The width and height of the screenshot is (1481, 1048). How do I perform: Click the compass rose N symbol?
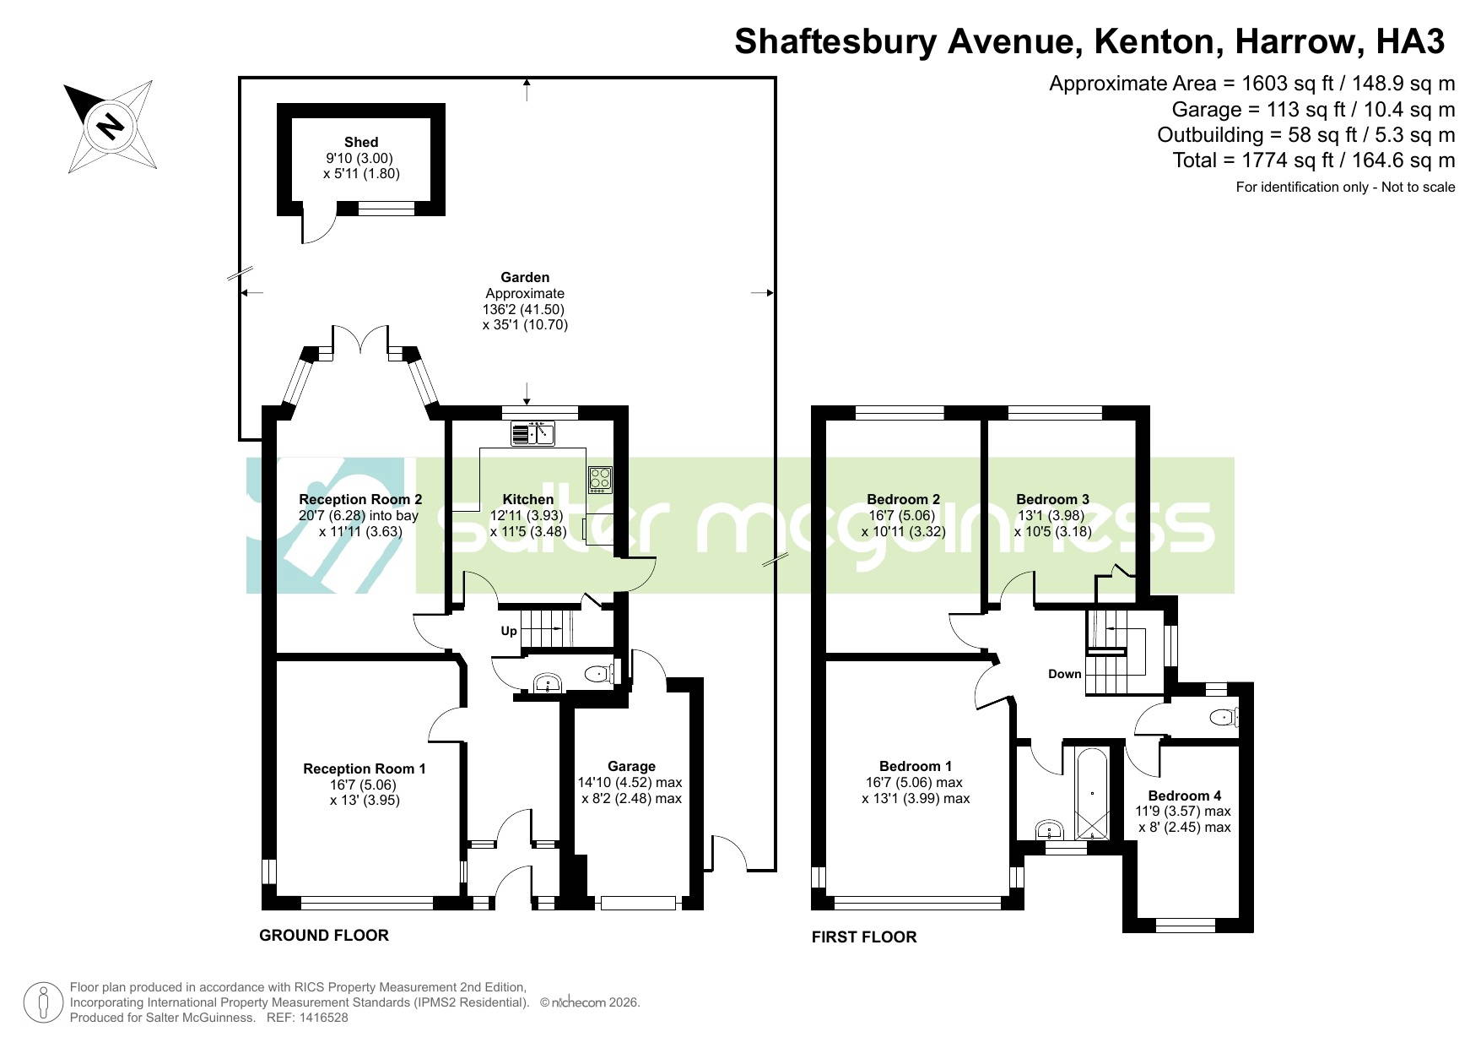(x=110, y=127)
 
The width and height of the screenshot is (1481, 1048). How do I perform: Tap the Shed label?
(x=361, y=142)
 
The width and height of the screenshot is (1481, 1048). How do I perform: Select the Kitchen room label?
(x=528, y=499)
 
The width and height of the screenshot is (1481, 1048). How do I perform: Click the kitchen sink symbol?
(x=532, y=434)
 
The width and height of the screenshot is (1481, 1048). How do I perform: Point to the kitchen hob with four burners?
(x=600, y=479)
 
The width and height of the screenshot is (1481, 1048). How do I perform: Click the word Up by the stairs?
(x=509, y=631)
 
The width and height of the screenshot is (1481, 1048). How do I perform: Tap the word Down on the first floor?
(x=1065, y=674)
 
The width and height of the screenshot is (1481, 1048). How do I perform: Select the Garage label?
(x=631, y=766)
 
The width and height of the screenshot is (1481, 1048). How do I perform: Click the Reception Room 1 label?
(x=365, y=768)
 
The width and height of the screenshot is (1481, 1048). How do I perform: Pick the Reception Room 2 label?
(x=360, y=499)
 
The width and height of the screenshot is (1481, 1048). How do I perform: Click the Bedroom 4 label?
(x=1185, y=796)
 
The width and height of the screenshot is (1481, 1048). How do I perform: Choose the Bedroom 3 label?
(x=1052, y=499)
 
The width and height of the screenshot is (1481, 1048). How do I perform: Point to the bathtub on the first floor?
(x=1092, y=794)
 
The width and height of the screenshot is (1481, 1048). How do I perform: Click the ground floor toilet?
(x=599, y=673)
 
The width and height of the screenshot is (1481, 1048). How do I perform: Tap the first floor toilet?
(x=1223, y=717)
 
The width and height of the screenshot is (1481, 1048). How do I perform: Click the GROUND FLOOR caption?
(x=324, y=935)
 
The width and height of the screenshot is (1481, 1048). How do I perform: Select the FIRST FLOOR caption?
(x=864, y=937)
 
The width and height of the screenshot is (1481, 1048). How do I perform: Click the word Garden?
(x=525, y=277)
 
